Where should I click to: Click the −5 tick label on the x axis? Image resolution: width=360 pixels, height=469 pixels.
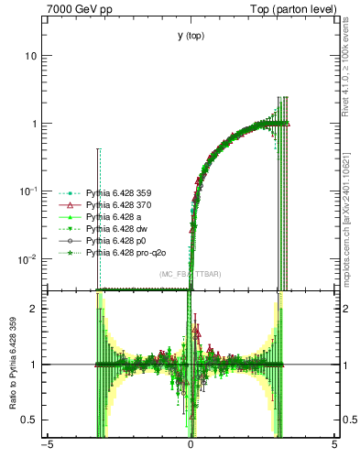pos(47,448)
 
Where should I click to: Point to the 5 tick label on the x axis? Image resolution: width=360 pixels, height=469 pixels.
pos(334,448)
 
